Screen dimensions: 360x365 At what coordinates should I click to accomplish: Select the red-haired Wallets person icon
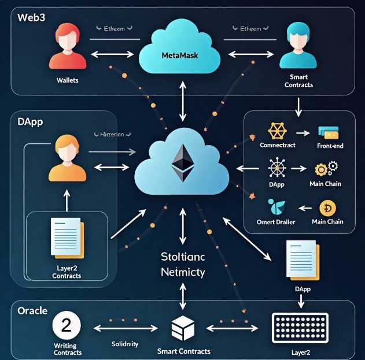click(x=68, y=50)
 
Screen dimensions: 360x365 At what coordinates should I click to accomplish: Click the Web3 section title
click(x=31, y=17)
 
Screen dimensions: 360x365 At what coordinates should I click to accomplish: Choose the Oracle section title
click(x=33, y=310)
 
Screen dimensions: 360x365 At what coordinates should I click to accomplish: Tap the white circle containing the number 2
click(x=66, y=325)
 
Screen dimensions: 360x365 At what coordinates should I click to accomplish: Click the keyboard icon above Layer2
click(x=300, y=327)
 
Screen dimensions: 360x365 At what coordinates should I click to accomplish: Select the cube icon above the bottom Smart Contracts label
click(x=183, y=329)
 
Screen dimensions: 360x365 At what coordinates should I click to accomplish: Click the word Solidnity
click(x=125, y=344)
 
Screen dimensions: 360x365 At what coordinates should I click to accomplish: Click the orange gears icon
click(x=325, y=169)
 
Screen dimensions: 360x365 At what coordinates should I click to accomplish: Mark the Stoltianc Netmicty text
click(x=183, y=264)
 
